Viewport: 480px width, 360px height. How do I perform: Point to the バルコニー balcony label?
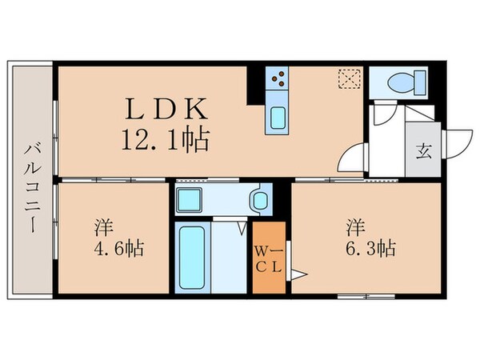32,187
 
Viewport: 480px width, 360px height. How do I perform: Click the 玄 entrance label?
421,150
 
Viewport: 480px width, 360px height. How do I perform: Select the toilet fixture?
398,82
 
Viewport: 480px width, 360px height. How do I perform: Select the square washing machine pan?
190,199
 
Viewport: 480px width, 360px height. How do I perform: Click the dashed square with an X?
349,78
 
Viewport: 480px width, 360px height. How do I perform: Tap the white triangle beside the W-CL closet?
299,276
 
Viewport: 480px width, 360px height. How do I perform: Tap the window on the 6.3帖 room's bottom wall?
358,297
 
